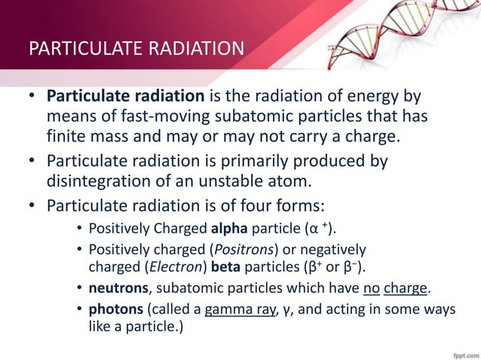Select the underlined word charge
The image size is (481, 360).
point(406,289)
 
